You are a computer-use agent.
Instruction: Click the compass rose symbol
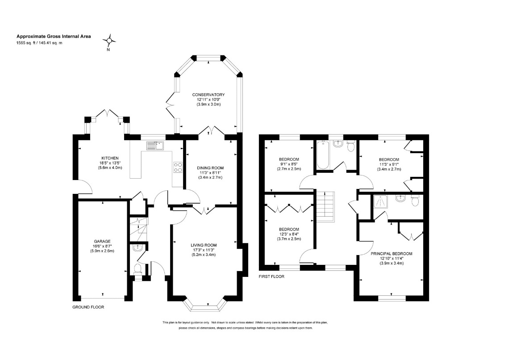(109, 41)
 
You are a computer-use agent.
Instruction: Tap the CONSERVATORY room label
(208, 95)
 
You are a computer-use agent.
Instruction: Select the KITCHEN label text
(110, 158)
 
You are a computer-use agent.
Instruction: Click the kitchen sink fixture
(155, 146)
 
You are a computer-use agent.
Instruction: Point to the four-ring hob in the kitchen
(178, 167)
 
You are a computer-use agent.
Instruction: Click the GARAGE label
(102, 241)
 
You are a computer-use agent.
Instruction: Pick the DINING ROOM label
(210, 168)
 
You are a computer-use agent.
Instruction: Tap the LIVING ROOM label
(204, 245)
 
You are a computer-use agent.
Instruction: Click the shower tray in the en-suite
(382, 201)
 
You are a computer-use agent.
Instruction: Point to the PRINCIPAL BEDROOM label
(391, 254)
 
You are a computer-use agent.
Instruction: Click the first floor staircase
(325, 206)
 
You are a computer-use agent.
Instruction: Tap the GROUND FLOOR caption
(88, 307)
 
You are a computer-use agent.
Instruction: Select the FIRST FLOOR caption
(271, 277)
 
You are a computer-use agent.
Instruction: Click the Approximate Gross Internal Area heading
(54, 37)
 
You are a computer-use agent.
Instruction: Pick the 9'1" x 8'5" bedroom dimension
(289, 164)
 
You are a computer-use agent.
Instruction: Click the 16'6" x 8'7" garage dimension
(102, 246)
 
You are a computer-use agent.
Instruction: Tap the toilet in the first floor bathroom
(350, 147)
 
